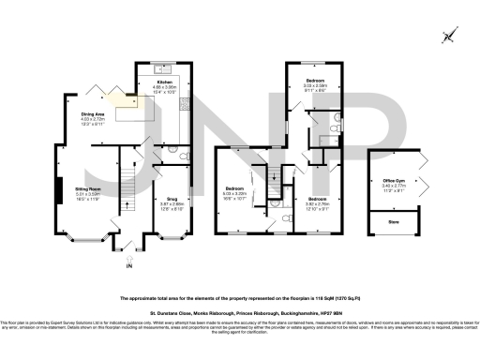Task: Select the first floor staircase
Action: pos(274,177)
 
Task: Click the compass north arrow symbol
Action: pos(449,37)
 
